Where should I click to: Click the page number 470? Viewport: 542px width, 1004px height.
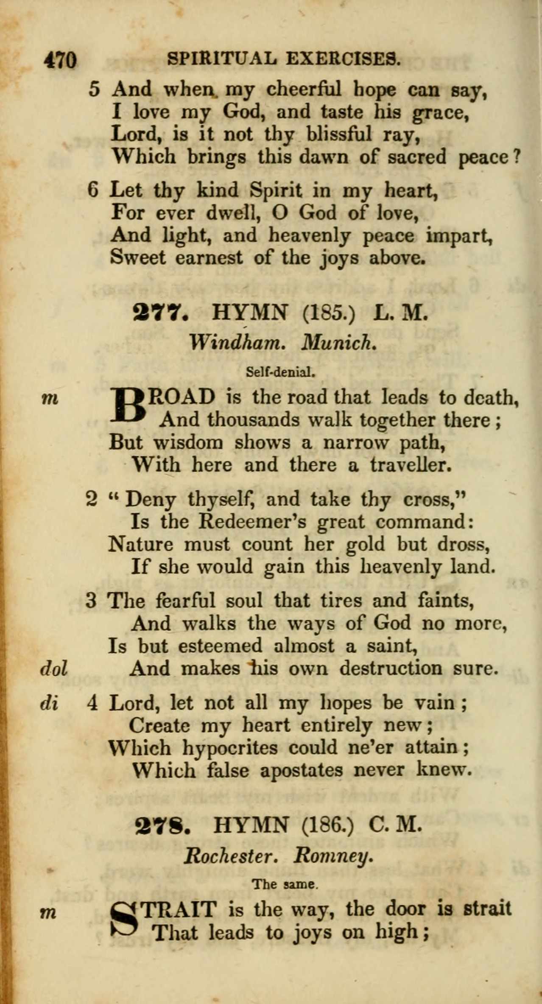coord(60,60)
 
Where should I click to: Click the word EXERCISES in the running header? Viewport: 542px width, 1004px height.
coord(343,59)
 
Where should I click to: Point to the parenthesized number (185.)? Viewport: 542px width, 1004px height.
coord(329,313)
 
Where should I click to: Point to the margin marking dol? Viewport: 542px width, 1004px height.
coord(54,669)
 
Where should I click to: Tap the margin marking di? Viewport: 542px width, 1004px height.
coord(49,703)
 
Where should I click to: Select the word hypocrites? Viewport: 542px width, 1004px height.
coord(230,748)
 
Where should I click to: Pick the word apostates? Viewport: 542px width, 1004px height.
coord(301,770)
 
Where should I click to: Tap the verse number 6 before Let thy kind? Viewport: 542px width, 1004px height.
coord(93,189)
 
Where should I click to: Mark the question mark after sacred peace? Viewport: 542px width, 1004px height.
coord(517,158)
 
